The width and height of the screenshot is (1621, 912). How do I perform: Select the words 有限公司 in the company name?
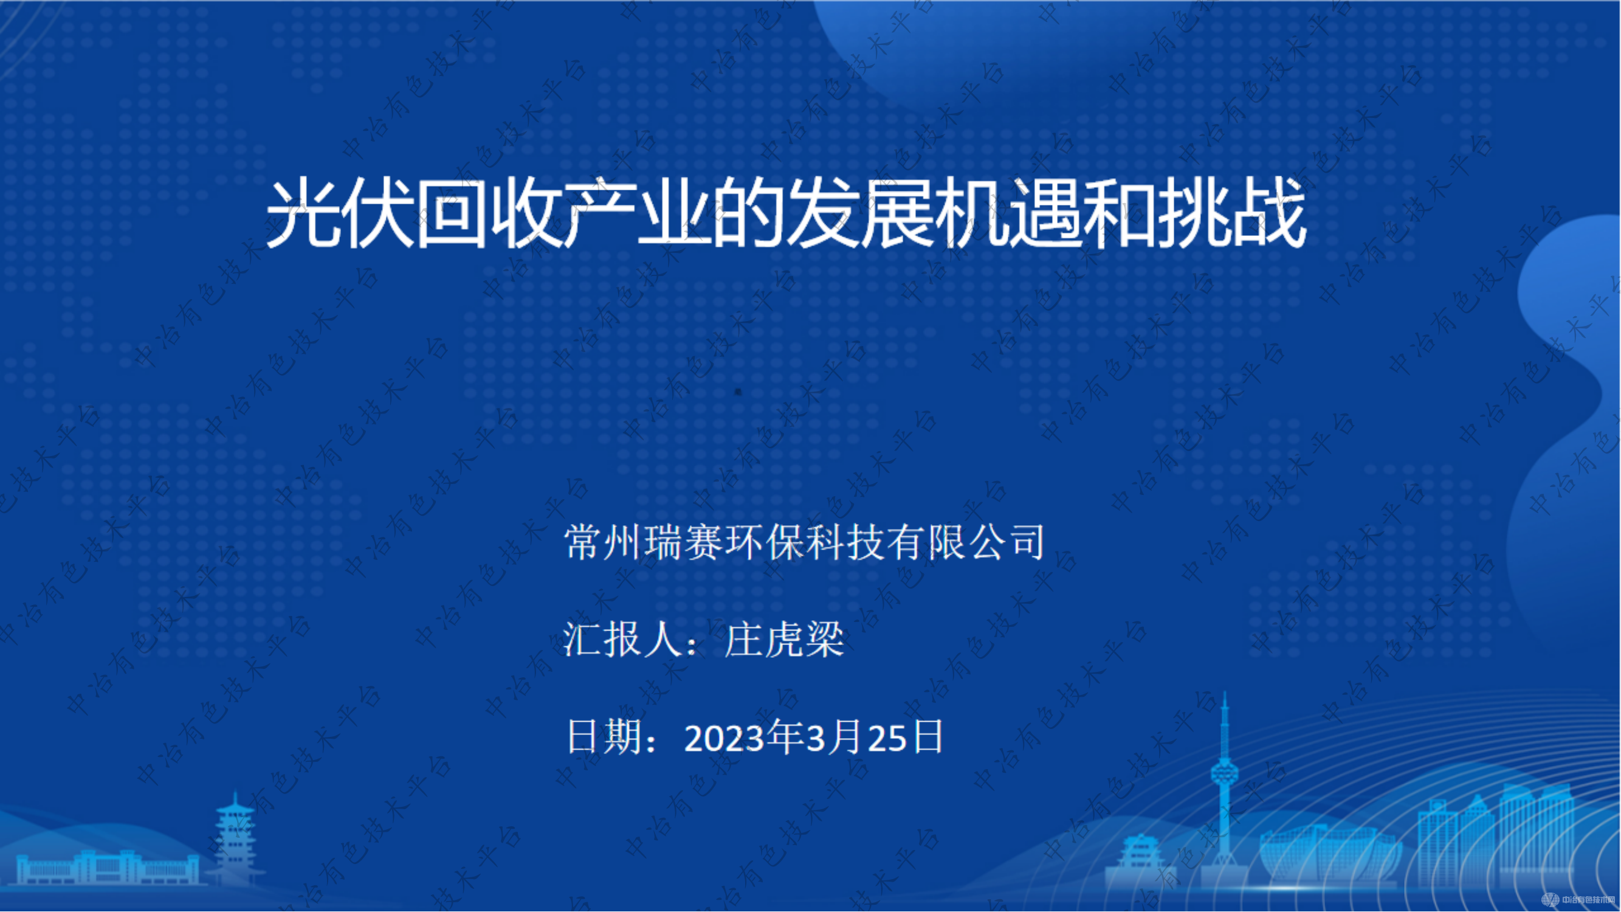966,542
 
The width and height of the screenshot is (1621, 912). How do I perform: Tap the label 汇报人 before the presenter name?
623,640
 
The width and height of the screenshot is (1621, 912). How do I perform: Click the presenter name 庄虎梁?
783,640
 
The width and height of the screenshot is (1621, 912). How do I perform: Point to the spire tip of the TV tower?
1225,696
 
